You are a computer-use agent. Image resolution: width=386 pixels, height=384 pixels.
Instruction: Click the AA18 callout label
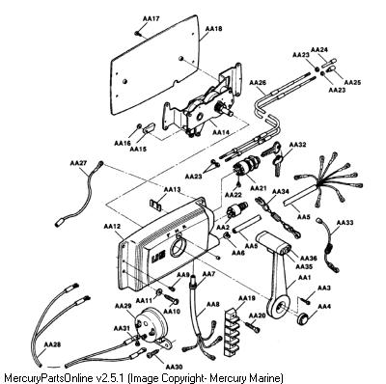pyautogui.click(x=213, y=29)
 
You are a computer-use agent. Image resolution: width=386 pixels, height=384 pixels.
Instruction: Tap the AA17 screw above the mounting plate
pyautogui.click(x=137, y=33)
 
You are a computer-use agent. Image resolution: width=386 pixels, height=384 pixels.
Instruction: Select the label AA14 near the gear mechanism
pyautogui.click(x=221, y=132)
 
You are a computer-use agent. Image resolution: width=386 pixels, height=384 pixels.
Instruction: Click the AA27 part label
pyautogui.click(x=78, y=163)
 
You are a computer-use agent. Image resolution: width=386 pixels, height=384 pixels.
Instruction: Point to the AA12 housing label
pyautogui.click(x=112, y=227)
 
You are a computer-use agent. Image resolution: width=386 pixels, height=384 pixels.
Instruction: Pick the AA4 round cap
pyautogui.click(x=302, y=319)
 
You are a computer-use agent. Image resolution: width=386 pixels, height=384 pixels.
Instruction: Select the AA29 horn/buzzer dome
pyautogui.click(x=152, y=325)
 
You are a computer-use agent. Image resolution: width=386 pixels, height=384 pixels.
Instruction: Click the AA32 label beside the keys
pyautogui.click(x=297, y=145)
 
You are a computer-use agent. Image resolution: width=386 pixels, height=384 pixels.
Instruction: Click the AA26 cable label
pyautogui.click(x=258, y=83)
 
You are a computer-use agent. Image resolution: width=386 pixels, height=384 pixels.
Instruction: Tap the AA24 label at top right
pyautogui.click(x=319, y=49)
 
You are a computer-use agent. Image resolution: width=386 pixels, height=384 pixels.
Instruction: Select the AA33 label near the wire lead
pyautogui.click(x=345, y=222)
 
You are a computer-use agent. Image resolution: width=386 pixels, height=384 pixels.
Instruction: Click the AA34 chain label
pyautogui.click(x=281, y=192)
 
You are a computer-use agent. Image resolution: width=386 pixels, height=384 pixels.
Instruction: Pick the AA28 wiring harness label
pyautogui.click(x=52, y=344)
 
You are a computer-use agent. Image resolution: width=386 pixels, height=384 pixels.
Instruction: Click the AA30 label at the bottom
pyautogui.click(x=174, y=367)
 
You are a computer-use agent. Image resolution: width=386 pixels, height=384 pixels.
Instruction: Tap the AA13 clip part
pyautogui.click(x=156, y=206)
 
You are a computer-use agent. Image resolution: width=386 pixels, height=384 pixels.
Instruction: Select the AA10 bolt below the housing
pyautogui.click(x=173, y=299)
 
